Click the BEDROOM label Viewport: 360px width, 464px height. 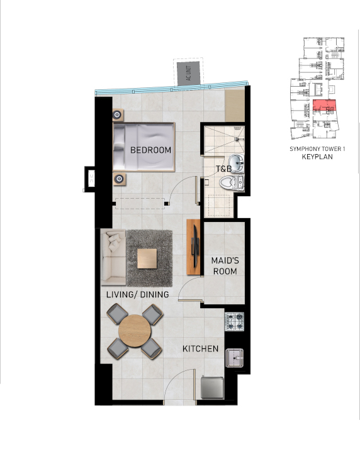click(150, 150)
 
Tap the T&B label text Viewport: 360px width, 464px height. click(223, 169)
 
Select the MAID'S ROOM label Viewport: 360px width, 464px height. click(224, 266)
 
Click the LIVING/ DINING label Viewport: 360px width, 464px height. click(138, 294)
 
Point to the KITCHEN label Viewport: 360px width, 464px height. click(200, 349)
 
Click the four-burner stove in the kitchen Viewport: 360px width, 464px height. click(235, 323)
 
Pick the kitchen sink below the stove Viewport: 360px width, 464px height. click(235, 358)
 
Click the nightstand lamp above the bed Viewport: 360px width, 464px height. click(118, 115)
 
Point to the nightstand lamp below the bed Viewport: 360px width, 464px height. click(118, 179)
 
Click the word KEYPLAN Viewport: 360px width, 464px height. click(317, 157)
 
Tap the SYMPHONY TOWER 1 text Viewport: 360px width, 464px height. click(317, 149)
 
